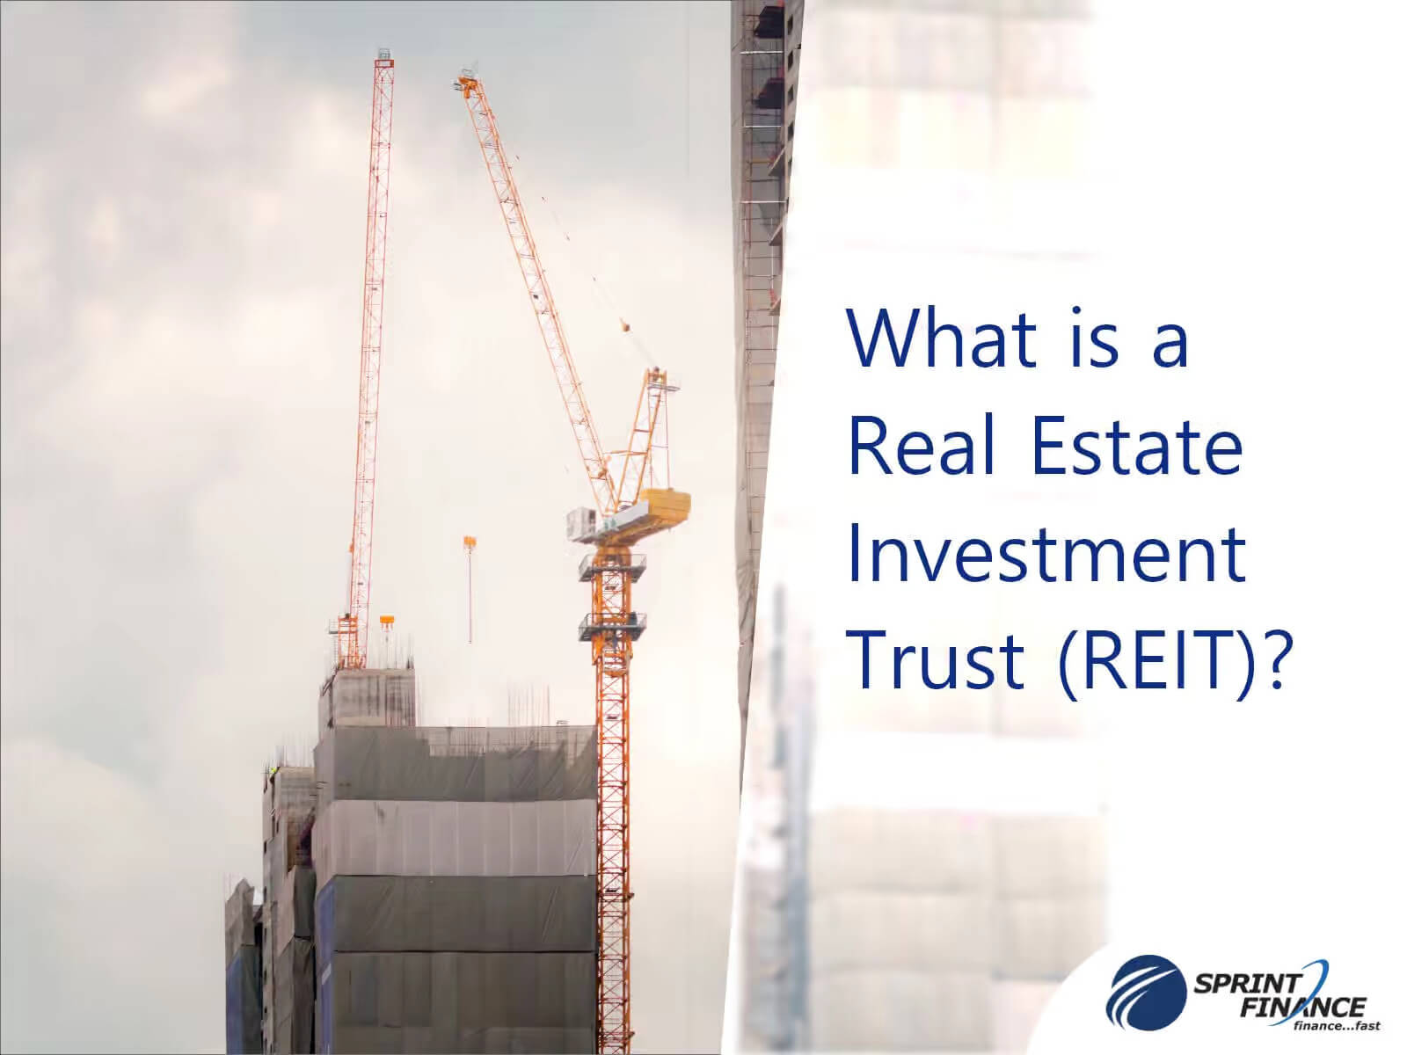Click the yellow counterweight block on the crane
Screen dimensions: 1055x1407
(666, 505)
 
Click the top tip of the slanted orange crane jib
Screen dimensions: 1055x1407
(464, 77)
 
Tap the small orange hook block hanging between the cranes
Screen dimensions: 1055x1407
(470, 543)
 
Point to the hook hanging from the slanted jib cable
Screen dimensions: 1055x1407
(626, 327)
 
